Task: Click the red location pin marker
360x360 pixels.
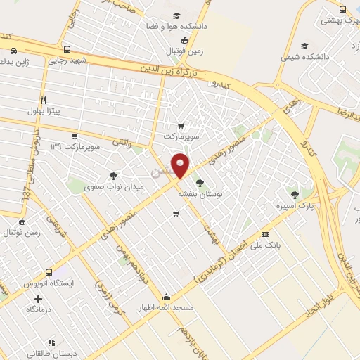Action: point(181,165)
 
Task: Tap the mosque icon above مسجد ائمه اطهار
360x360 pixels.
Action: point(165,296)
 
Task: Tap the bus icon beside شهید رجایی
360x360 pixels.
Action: point(67,50)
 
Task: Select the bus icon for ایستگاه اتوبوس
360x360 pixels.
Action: point(49,272)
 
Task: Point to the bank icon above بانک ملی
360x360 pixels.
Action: point(265,234)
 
